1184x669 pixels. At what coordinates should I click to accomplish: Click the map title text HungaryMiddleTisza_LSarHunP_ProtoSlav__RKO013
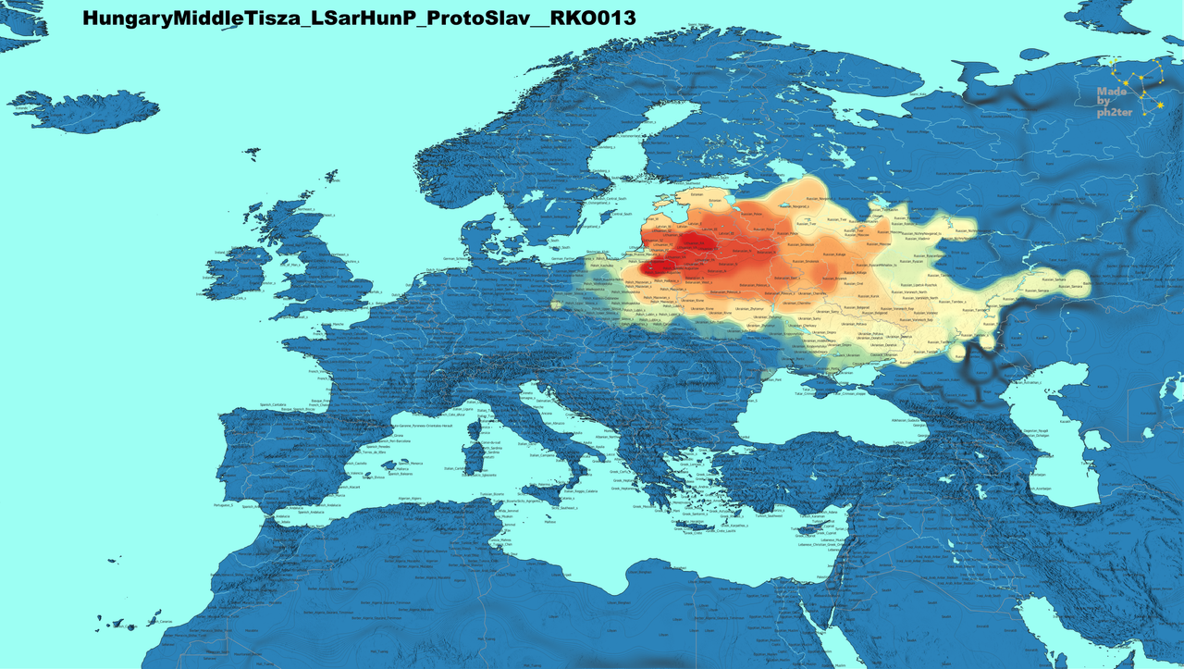(358, 18)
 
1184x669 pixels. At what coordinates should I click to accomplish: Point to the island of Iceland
(83, 111)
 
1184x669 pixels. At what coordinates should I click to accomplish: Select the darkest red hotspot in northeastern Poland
(659, 266)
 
